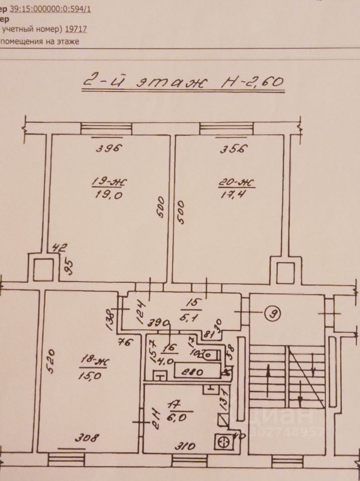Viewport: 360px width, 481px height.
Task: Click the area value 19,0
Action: pos(108,196)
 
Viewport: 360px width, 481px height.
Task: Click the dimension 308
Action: pos(86,437)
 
